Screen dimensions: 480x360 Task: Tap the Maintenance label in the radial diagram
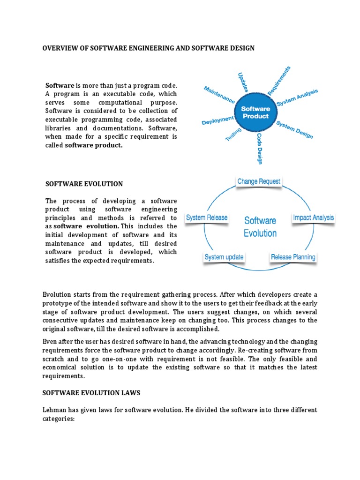click(x=219, y=95)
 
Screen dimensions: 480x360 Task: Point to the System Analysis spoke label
click(x=297, y=97)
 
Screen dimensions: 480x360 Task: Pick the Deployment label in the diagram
click(x=217, y=121)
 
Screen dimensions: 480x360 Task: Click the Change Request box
click(x=259, y=181)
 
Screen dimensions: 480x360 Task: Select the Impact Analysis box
click(x=313, y=217)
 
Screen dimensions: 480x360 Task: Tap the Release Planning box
click(x=293, y=257)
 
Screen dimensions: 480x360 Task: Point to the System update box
click(x=224, y=257)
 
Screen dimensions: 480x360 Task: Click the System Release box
click(x=207, y=217)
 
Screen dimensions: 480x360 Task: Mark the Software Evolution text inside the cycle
click(x=260, y=226)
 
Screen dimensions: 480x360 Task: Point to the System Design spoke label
click(x=294, y=130)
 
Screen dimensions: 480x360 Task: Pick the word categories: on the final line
click(x=59, y=418)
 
